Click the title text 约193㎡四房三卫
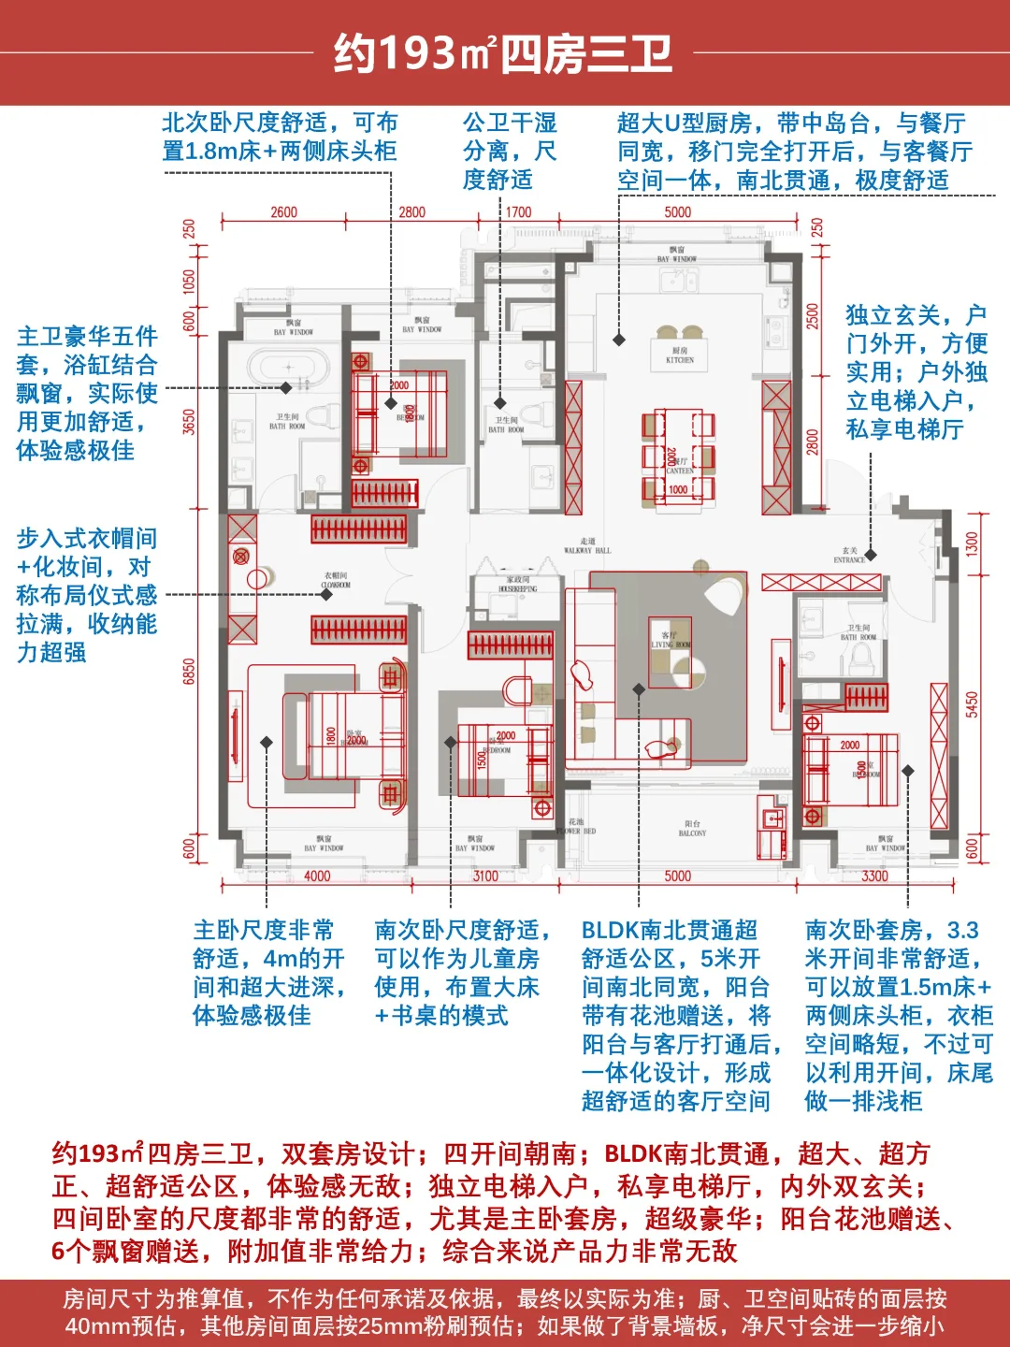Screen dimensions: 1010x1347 [x=503, y=54]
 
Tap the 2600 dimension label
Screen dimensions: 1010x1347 [x=283, y=212]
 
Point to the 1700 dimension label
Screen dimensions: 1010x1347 [x=518, y=212]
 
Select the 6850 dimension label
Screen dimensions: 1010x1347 [x=190, y=672]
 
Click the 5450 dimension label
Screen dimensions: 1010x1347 [x=973, y=703]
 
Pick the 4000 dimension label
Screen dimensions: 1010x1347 [x=317, y=876]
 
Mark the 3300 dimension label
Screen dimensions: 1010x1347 [x=874, y=876]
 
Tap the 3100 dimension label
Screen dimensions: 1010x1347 [x=485, y=876]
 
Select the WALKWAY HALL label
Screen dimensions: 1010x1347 [x=587, y=547]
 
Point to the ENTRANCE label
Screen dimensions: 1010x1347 [x=849, y=558]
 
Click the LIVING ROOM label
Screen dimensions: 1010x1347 [x=670, y=641]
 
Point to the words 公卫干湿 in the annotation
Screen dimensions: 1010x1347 [x=510, y=123]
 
